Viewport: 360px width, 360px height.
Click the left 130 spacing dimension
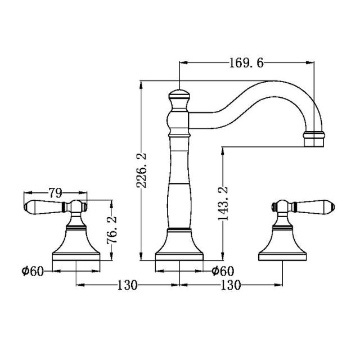(x=128, y=285)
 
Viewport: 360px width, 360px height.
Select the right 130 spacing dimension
(x=231, y=285)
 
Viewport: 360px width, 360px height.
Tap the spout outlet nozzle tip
(x=314, y=139)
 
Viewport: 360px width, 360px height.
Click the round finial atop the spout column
(x=179, y=94)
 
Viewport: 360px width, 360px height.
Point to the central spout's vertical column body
(x=179, y=186)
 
